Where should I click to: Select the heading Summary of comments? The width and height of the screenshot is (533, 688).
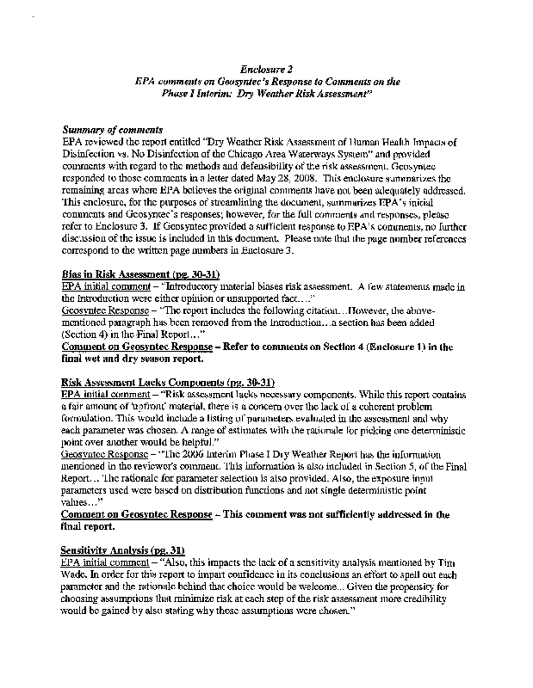pos(113,129)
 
